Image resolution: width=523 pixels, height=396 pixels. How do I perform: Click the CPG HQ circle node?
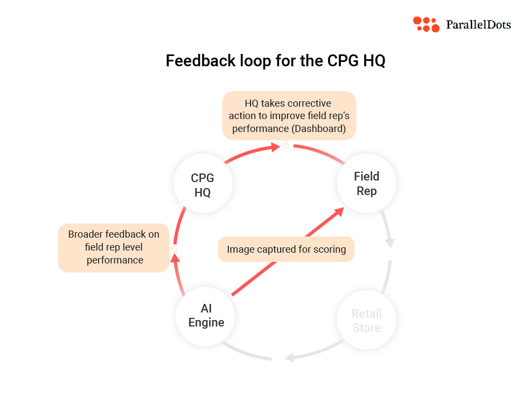coord(203,185)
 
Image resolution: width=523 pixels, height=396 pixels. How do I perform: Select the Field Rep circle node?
coord(366,184)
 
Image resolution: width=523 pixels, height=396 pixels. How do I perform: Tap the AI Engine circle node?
coord(206,315)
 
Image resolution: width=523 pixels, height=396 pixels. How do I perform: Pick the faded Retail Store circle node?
coord(366,321)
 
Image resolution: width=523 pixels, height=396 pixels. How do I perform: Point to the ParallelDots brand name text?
coord(478,25)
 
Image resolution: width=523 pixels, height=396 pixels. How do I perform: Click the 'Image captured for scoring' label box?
coord(286,249)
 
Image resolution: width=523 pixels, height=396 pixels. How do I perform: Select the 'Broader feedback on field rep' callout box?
coord(114,248)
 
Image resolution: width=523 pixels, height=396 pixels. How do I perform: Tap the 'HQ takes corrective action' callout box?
coord(289,116)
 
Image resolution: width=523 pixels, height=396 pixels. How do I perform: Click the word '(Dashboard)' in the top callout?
coord(318,129)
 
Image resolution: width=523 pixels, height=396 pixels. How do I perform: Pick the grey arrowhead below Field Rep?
coord(389,242)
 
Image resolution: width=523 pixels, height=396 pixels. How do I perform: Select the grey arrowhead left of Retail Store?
coord(290,357)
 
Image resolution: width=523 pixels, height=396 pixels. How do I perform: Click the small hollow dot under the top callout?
coord(287,145)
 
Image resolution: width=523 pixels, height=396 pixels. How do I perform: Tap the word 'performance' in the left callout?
coord(115,260)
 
